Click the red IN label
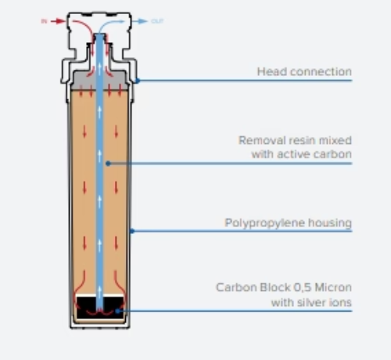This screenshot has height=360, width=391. point(44,21)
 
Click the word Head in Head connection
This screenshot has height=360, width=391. point(270,72)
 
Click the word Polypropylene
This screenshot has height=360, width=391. point(271,223)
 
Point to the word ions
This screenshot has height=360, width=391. point(341,301)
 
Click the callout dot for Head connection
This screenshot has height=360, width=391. point(137,80)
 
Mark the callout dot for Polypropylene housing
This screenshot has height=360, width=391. point(133,230)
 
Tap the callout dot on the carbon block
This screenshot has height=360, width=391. point(117,311)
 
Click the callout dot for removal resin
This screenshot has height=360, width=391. point(108,163)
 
